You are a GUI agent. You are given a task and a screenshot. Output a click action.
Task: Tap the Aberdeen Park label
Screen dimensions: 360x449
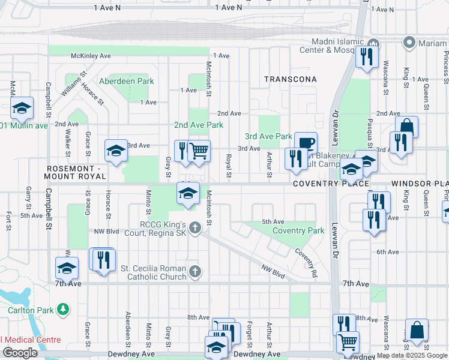pos(126,81)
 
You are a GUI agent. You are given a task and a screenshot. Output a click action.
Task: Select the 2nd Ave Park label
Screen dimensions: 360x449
pos(198,125)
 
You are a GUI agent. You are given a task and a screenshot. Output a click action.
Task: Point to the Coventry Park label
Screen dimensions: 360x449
pos(298,230)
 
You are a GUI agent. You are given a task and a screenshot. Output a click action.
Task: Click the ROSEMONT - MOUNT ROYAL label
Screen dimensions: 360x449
pos(76,172)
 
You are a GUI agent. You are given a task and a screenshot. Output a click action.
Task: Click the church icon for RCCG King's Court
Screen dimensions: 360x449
pos(194,227)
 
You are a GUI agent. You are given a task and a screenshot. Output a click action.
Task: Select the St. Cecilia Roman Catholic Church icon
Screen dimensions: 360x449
pos(194,272)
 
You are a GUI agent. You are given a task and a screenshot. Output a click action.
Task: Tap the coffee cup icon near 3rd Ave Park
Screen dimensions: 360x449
pos(306,142)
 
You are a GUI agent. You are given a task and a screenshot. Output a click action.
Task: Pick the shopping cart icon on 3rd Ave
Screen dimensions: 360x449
pos(199,151)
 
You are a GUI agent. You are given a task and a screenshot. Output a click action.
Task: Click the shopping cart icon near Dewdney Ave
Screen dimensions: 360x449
pos(348,341)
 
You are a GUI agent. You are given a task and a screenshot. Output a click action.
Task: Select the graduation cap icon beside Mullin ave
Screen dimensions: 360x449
pos(22,107)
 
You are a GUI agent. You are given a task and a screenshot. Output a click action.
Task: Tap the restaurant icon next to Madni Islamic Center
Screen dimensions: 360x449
pos(365,56)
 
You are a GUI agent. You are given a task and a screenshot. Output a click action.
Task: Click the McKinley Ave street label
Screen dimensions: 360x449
pos(91,55)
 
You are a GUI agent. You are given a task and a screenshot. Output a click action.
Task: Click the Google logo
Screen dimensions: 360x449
pos(20,352)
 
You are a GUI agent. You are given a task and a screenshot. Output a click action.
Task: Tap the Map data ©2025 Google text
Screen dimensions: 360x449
pos(411,355)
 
